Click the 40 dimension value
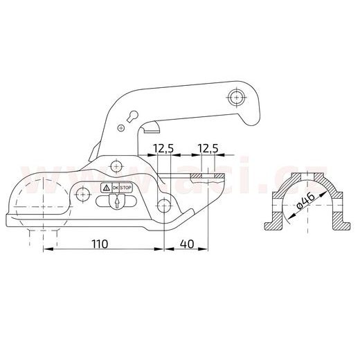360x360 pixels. point(186,244)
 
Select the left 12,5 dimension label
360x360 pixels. point(163,147)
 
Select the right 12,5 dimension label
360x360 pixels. point(207,147)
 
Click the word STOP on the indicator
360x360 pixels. point(125,188)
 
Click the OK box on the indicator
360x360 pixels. point(115,188)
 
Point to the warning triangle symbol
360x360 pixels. point(106,188)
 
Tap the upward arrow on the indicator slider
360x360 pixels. point(117,202)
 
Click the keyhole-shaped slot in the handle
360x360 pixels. point(132,118)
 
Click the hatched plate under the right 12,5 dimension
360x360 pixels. point(208,178)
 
